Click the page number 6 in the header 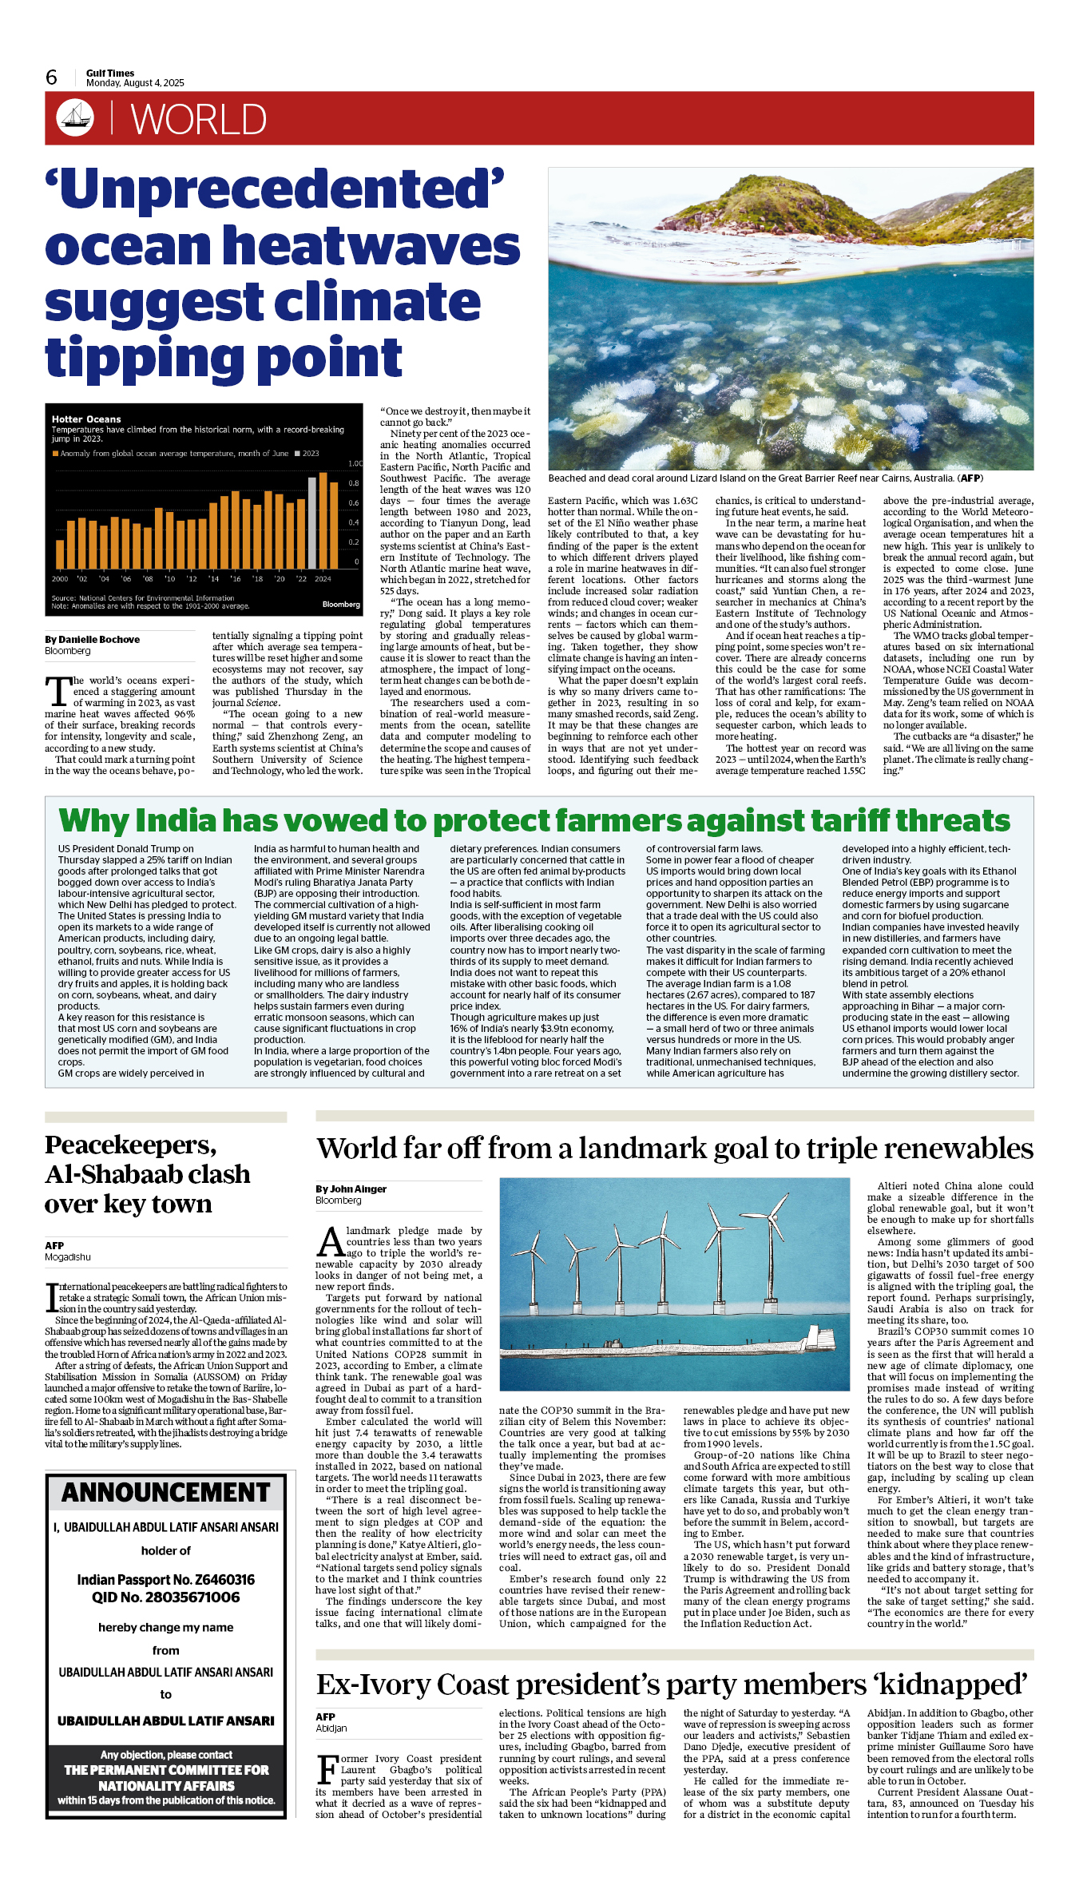point(52,77)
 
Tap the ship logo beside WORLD point(75,117)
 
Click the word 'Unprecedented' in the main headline point(275,189)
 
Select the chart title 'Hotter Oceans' point(86,419)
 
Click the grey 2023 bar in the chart point(312,522)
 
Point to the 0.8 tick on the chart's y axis point(354,483)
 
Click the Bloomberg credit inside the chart point(341,605)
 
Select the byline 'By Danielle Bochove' point(92,640)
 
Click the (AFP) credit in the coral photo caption point(970,478)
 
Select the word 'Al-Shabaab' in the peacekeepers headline point(148,1174)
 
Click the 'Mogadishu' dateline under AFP point(68,1257)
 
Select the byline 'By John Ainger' point(351,1189)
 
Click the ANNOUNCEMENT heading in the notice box point(166,1492)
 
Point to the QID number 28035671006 point(183,1597)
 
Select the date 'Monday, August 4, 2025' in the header point(135,83)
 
